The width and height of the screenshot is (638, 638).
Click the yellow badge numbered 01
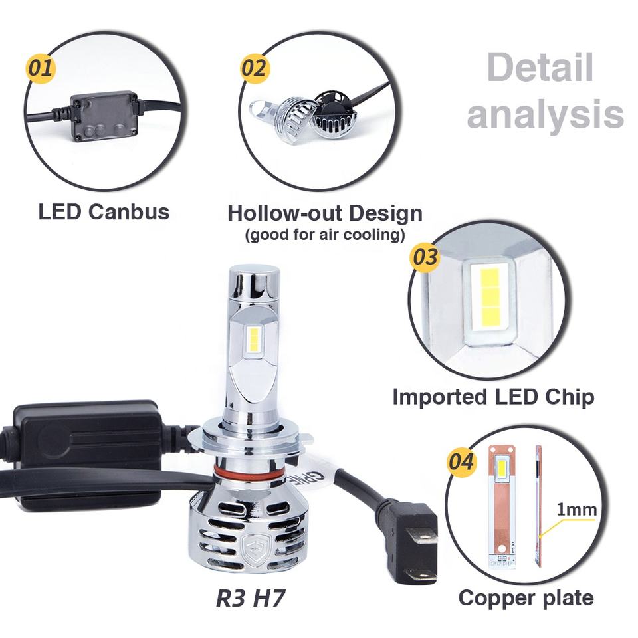tap(41, 68)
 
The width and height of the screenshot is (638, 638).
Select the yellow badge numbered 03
tap(425, 256)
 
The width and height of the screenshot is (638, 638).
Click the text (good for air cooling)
tap(325, 235)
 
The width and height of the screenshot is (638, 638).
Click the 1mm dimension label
tap(576, 510)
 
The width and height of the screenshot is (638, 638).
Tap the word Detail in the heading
tap(539, 69)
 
